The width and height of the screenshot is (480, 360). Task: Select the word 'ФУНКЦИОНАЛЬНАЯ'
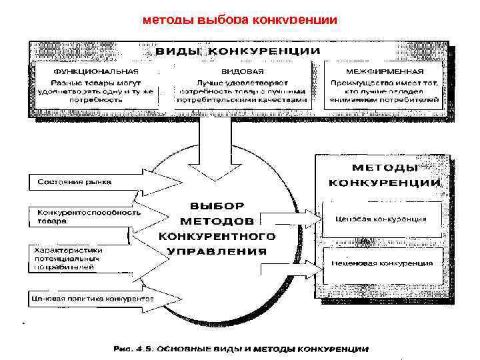[96, 71]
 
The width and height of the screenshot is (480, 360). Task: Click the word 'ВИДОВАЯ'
[241, 71]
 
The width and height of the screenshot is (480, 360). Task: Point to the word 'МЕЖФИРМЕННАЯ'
[385, 71]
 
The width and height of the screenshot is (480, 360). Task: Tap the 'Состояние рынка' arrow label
[75, 181]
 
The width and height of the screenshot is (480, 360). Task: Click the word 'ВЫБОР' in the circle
[217, 205]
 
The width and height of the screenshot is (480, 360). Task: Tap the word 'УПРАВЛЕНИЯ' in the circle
[217, 251]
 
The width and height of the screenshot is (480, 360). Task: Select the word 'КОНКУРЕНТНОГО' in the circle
[217, 236]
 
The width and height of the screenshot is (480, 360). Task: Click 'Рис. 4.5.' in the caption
[129, 349]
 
